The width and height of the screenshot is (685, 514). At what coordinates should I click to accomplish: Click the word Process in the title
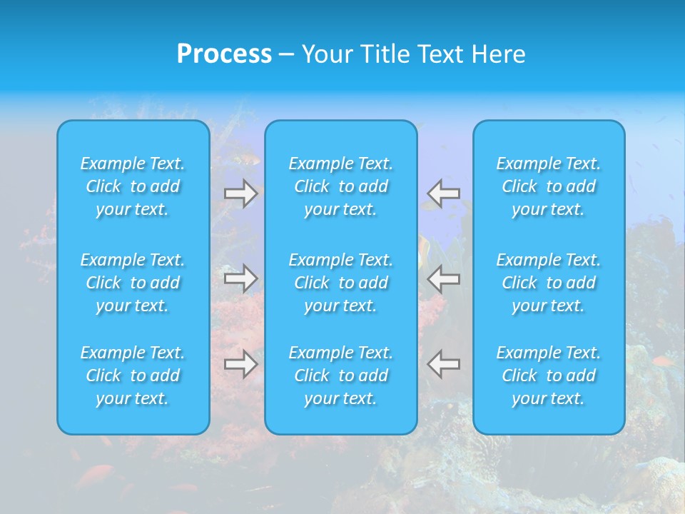224,54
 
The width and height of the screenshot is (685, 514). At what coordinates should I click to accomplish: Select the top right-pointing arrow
241,193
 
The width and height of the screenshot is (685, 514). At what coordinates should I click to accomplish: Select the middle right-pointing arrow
241,278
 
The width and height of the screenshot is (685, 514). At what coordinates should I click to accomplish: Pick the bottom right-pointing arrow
241,364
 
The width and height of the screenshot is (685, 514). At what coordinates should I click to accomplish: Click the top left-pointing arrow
443,193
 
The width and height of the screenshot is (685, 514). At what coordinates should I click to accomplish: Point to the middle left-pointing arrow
443,278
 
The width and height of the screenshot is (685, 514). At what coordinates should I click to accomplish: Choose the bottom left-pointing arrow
443,364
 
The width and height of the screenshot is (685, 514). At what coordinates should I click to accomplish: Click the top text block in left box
133,186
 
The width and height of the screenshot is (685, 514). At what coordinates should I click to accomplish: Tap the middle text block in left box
133,283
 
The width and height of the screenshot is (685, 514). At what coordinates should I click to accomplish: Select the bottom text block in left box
133,376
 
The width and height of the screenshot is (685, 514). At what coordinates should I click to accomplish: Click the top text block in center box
341,186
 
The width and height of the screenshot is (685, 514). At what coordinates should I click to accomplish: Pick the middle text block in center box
341,283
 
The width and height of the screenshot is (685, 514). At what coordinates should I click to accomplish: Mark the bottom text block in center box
341,376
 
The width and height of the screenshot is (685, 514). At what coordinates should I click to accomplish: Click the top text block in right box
549,186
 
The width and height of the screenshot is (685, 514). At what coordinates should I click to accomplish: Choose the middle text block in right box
549,283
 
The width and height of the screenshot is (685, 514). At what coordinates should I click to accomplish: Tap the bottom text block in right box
549,376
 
